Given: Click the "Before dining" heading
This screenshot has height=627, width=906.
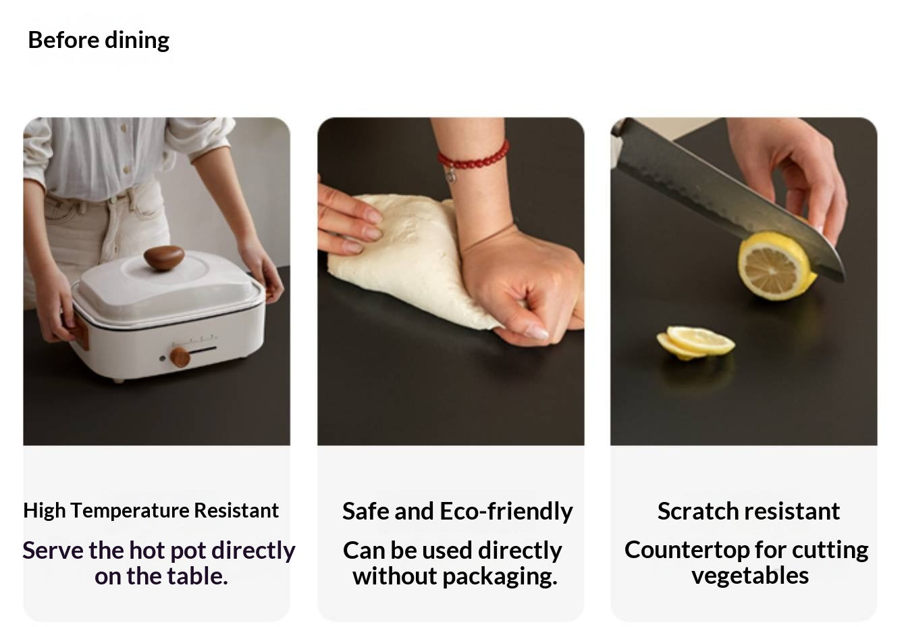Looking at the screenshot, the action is pos(99,41).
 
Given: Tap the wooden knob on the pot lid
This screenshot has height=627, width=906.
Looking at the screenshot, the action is pos(164,258).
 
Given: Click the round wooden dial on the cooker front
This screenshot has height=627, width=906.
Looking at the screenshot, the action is pos(180,357).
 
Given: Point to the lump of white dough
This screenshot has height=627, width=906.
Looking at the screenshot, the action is pos(404,255).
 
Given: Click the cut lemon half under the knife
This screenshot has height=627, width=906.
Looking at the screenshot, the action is pos(776,266).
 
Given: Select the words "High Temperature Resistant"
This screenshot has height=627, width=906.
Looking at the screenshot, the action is pos(151,510).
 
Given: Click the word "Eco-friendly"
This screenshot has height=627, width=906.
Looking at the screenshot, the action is pos(506,511).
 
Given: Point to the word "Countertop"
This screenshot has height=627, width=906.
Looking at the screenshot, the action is pos(687,550).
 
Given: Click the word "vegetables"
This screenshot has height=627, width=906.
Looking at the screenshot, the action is pos(750,576).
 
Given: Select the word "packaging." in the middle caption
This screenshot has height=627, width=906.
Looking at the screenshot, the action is pos(500,576).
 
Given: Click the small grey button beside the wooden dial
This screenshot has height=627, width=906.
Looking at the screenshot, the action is pos(163,358).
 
